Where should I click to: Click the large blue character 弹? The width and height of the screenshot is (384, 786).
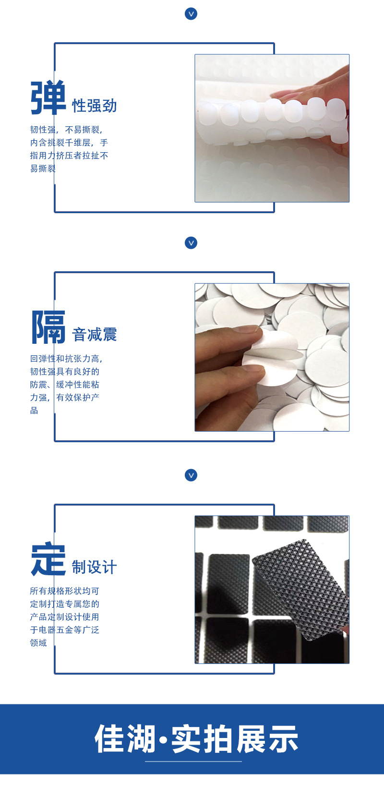point(48,98)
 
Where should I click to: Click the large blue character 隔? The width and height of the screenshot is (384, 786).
point(48,327)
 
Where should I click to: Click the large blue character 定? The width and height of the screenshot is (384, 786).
point(48,559)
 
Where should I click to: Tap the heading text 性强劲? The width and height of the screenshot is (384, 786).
point(95,106)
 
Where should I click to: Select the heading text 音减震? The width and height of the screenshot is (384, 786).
point(95,335)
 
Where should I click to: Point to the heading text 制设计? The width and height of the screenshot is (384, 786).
point(95,567)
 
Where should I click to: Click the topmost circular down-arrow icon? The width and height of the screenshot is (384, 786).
point(191,14)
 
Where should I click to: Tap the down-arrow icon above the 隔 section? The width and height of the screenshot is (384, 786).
point(191,243)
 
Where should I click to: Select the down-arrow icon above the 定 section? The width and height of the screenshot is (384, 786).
point(191,475)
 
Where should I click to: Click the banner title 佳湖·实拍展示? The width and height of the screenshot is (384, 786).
point(196,739)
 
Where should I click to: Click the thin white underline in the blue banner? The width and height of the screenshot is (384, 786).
point(193,762)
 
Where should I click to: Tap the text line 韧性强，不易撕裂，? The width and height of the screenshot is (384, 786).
point(66,130)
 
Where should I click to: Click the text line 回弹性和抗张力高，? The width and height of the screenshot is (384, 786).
point(66,359)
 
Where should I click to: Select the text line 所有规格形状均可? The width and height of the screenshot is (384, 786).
point(64,591)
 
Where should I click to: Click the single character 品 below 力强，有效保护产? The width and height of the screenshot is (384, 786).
point(34,411)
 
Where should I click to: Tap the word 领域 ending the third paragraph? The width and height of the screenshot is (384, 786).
point(38,643)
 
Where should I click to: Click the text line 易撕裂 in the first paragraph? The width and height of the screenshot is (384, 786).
point(43,169)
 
